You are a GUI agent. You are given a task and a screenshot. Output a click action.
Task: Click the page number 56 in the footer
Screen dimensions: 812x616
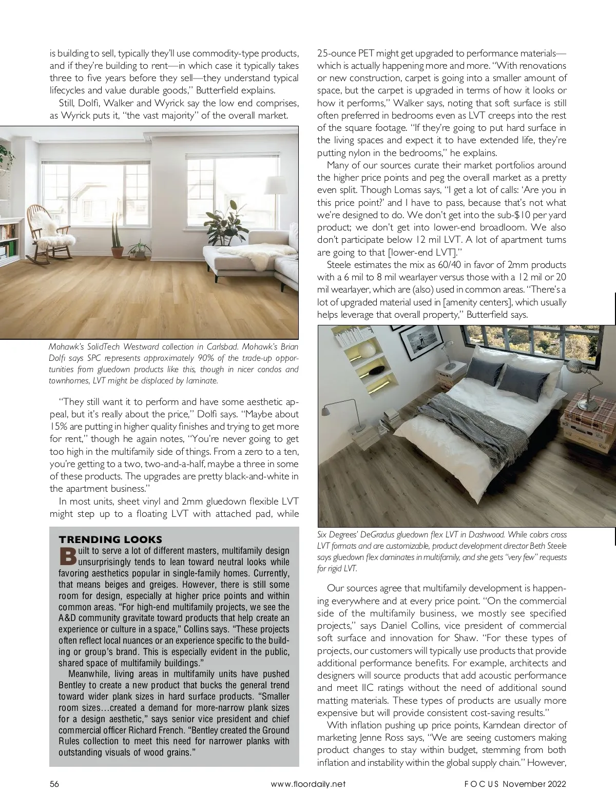coord(54,784)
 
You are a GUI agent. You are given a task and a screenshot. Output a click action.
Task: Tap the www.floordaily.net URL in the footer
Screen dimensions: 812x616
coord(308,784)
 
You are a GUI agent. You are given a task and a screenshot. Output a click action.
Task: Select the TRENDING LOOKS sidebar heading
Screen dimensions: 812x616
coord(110,539)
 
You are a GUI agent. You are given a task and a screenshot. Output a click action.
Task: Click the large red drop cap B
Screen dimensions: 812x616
coord(68,556)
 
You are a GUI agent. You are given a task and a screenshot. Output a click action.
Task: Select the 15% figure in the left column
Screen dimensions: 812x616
coord(58,427)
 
